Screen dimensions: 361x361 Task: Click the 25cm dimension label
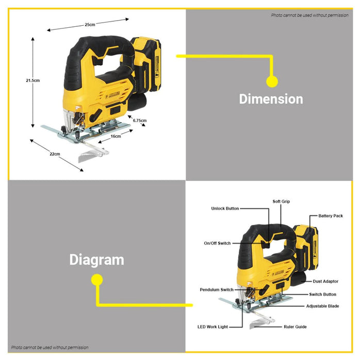(90, 25)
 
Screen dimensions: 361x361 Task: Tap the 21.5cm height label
(32, 80)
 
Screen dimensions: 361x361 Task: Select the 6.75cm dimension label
(140, 120)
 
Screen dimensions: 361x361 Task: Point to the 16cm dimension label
(116, 136)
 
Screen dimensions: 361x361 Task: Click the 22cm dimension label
(55, 154)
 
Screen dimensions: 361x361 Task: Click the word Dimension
(271, 99)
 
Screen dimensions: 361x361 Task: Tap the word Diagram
(97, 260)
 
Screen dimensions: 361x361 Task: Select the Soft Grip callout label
(281, 202)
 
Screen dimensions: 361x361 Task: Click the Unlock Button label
(225, 208)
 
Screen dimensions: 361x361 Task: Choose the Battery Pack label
(331, 216)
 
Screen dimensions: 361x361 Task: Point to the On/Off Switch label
(217, 243)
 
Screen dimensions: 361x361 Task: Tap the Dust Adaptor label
(325, 282)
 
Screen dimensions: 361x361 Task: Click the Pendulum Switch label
(217, 290)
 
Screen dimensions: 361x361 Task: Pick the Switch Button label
(322, 294)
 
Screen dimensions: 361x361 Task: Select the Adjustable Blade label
(322, 306)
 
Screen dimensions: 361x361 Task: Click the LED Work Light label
(212, 327)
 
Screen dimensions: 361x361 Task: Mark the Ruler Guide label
(295, 327)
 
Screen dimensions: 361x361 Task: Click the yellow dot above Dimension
(272, 81)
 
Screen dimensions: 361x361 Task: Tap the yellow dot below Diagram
(97, 280)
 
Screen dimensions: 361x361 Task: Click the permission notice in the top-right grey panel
(309, 15)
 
